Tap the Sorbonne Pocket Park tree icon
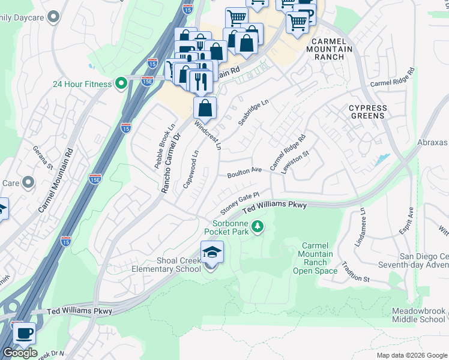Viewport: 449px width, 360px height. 258,226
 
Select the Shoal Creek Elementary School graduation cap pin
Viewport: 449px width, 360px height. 212,252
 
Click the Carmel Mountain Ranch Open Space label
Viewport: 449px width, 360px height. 315,259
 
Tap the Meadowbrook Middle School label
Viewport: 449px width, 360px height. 418,316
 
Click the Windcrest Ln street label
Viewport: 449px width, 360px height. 208,134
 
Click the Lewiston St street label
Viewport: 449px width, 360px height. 297,163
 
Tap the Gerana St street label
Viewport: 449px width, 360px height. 43,158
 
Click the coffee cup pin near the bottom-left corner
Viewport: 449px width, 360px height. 23,332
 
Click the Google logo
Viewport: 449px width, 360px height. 20,353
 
